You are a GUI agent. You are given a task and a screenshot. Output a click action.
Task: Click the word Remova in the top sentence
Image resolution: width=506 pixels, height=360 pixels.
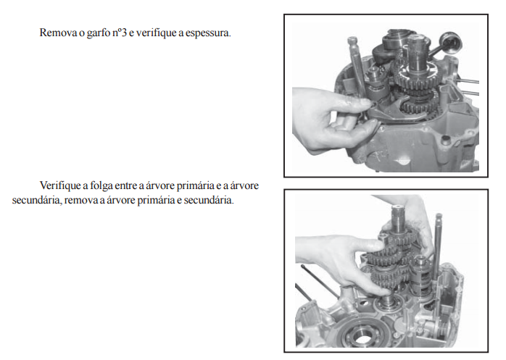58,33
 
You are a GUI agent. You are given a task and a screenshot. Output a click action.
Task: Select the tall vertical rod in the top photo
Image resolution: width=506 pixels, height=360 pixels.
356,64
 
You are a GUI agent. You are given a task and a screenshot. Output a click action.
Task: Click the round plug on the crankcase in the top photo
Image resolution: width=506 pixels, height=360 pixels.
446,139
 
